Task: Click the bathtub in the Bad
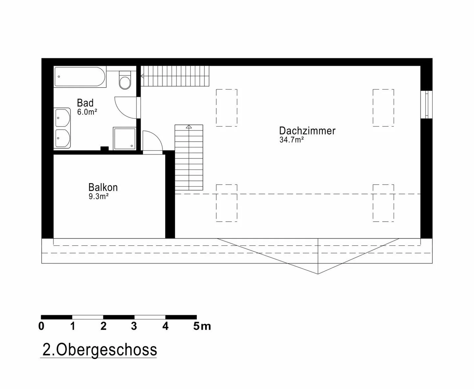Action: [80, 77]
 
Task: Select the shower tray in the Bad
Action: [124, 138]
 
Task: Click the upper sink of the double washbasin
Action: [63, 117]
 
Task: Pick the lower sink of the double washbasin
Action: [63, 138]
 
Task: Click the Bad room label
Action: [85, 103]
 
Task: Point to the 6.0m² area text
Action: [87, 112]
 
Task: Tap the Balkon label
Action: [103, 187]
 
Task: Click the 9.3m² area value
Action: [98, 197]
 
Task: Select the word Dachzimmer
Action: [307, 131]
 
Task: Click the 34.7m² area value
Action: [291, 140]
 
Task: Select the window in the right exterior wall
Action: [427, 104]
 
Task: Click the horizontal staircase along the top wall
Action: [175, 76]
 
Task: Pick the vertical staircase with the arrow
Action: [189, 157]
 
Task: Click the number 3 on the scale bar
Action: [134, 326]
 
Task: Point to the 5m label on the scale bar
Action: [202, 326]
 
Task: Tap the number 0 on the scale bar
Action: [41, 326]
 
